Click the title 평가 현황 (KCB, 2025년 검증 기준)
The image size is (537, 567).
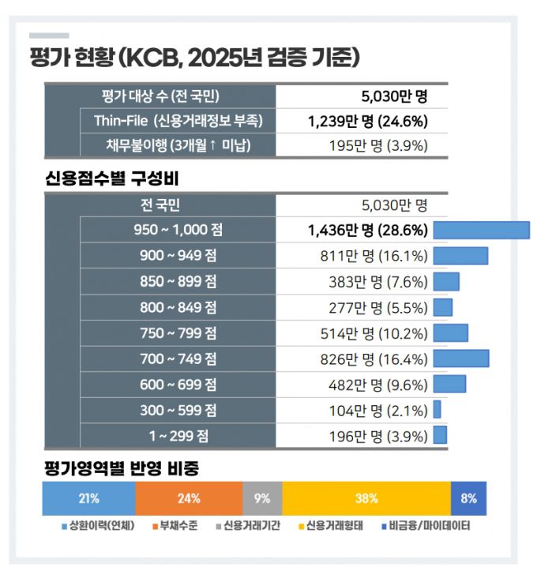(x=194, y=58)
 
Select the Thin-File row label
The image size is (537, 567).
(x=178, y=121)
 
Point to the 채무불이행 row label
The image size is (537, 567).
(x=178, y=145)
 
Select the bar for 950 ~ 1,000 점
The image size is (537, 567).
(x=481, y=230)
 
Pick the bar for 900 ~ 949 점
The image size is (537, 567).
(x=460, y=255)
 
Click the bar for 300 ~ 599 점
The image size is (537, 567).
(x=437, y=410)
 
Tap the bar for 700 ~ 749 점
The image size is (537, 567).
(x=461, y=359)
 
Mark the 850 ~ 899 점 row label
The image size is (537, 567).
(x=178, y=281)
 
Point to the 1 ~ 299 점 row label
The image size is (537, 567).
(x=178, y=435)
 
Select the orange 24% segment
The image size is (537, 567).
(x=189, y=498)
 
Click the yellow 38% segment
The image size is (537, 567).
(x=366, y=498)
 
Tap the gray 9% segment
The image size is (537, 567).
(x=262, y=498)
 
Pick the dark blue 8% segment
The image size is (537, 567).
(x=468, y=498)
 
